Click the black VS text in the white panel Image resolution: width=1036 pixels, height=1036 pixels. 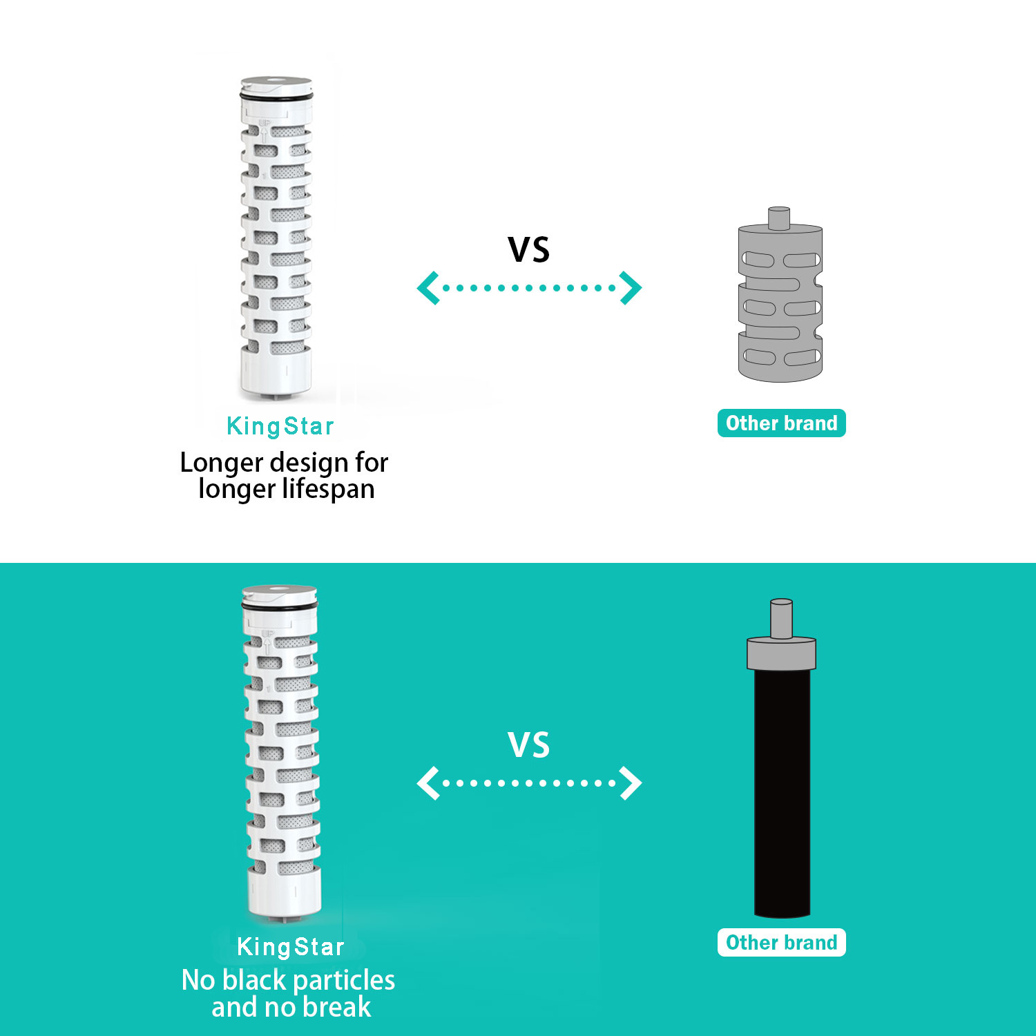coord(529,249)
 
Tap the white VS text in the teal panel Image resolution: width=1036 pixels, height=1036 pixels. coord(529,745)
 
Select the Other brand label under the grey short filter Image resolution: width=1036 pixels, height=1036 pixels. coord(781,423)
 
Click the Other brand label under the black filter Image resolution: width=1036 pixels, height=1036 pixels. coord(781,942)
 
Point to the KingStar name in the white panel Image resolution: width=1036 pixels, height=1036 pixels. coord(280,426)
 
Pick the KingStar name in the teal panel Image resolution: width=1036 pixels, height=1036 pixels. coord(291,946)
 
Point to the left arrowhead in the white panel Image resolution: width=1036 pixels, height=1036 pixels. coord(428,288)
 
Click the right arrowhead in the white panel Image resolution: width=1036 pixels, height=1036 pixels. coord(631,288)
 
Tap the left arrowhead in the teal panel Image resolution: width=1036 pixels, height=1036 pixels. coord(428,783)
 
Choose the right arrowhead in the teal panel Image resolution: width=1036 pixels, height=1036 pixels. coord(631,783)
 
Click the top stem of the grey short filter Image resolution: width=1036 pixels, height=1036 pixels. coord(779,218)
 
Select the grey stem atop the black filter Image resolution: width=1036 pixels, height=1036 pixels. coord(781,619)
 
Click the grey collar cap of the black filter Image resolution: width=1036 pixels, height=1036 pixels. coord(781,653)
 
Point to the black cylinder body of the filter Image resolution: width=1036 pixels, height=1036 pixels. coord(782,793)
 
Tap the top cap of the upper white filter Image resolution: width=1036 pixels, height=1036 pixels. coord(276,86)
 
